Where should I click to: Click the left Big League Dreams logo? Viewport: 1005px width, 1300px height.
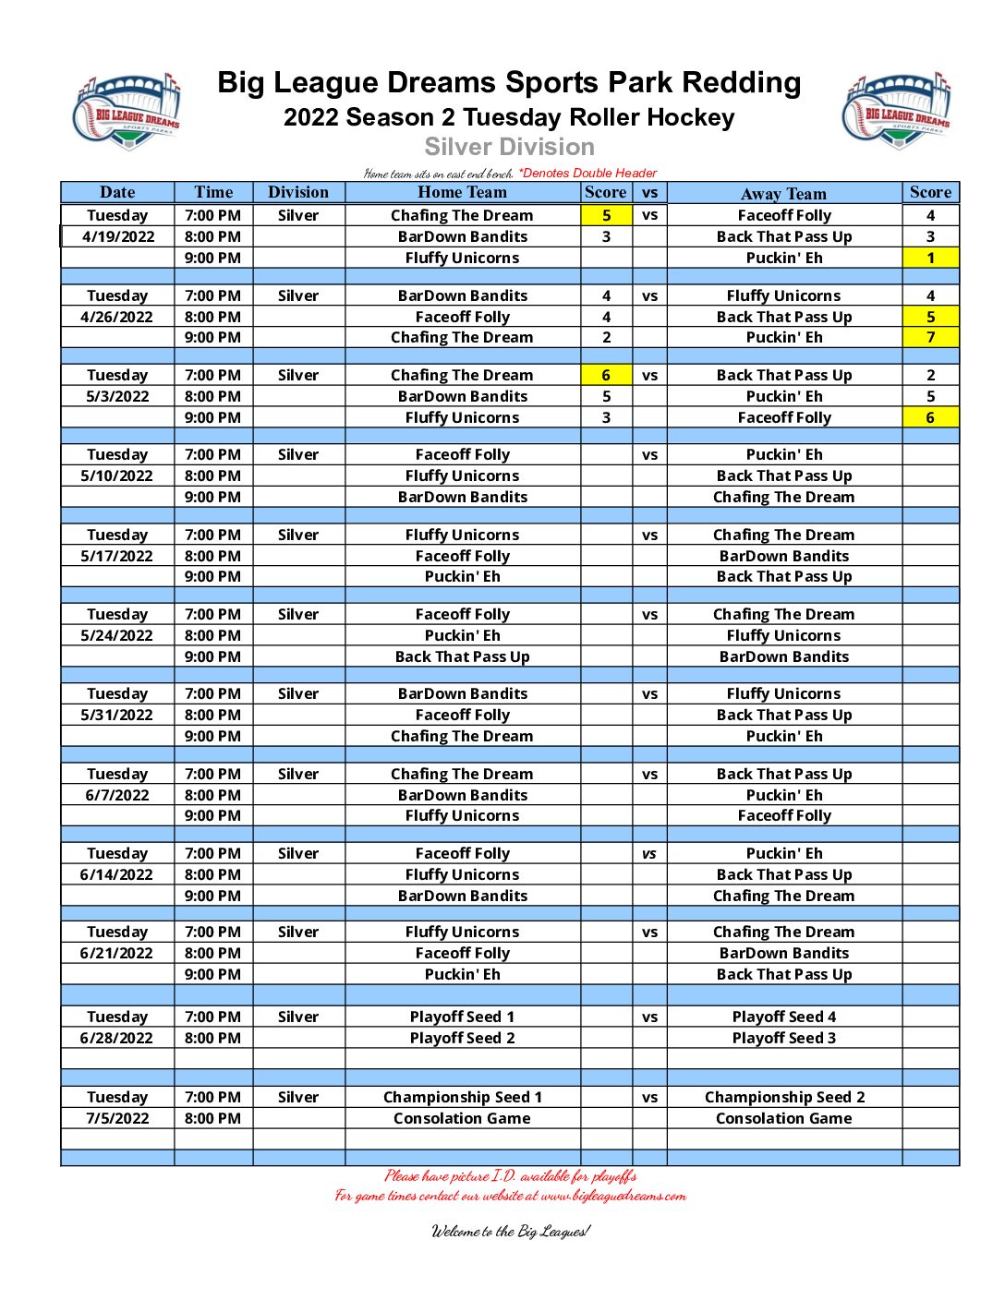pyautogui.click(x=127, y=111)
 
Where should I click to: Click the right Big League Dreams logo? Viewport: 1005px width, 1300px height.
pyautogui.click(x=896, y=111)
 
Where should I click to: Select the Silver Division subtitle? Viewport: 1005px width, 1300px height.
pyautogui.click(x=509, y=147)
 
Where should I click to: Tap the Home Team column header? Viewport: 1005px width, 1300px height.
pyautogui.click(x=462, y=192)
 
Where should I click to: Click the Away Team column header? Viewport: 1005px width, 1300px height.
pyautogui.click(x=783, y=193)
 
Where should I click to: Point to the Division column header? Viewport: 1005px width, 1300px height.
pyautogui.click(x=298, y=192)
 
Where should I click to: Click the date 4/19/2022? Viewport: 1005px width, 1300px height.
pyautogui.click(x=118, y=236)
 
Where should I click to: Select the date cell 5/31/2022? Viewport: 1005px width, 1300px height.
pyautogui.click(x=117, y=715)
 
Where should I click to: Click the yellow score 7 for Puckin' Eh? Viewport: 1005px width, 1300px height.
pyautogui.click(x=930, y=337)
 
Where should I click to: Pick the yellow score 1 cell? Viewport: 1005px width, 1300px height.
pyautogui.click(x=930, y=258)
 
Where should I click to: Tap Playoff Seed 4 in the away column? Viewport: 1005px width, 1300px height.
pyautogui.click(x=783, y=1017)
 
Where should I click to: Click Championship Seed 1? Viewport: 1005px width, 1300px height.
pyautogui.click(x=462, y=1097)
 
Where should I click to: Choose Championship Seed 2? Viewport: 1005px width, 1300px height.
pyautogui.click(x=784, y=1097)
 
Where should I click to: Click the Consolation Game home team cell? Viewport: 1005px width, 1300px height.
pyautogui.click(x=462, y=1118)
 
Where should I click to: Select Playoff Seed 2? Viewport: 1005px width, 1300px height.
pyautogui.click(x=462, y=1038)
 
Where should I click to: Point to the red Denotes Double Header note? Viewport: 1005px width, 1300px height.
pyautogui.click(x=587, y=173)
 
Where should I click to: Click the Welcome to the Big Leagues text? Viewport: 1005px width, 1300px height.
pyautogui.click(x=510, y=1231)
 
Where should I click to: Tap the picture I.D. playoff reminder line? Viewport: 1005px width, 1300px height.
pyautogui.click(x=510, y=1175)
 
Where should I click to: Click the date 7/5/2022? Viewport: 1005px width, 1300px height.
pyautogui.click(x=117, y=1118)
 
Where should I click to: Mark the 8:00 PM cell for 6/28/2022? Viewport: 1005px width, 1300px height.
pyautogui.click(x=212, y=1038)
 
